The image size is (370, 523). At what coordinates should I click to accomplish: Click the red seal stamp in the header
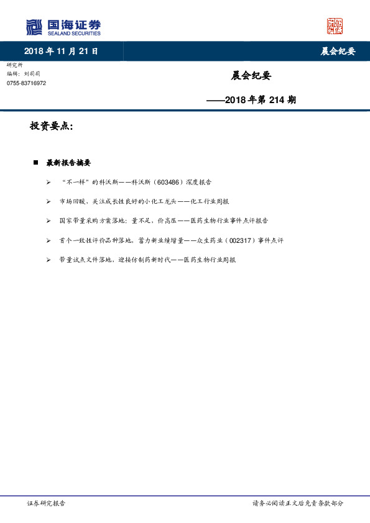click(335, 26)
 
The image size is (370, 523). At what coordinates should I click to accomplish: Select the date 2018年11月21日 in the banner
click(61, 51)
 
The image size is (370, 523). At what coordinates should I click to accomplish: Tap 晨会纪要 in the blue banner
click(338, 52)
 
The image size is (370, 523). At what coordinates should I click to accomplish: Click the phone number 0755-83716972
click(26, 83)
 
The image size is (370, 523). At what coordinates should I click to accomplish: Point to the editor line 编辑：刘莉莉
click(24, 73)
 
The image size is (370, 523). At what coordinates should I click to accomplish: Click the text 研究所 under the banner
click(14, 65)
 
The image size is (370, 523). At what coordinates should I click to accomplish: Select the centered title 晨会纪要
click(251, 76)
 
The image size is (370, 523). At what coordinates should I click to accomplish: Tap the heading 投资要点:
click(52, 126)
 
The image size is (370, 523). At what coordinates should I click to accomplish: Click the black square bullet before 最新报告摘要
click(35, 163)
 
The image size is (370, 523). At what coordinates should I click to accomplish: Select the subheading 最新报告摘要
click(68, 163)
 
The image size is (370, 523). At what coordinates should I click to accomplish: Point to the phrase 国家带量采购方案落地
click(93, 221)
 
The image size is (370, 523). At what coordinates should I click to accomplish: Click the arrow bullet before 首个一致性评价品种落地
click(49, 240)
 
